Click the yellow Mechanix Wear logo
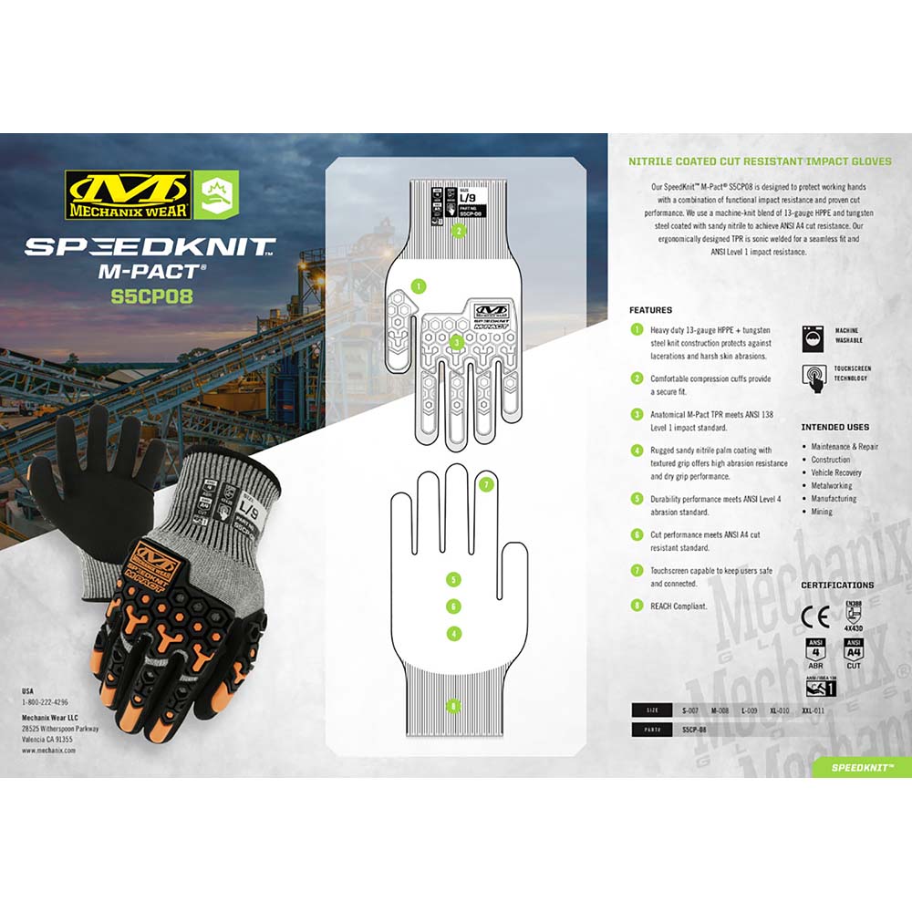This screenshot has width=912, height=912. coord(127,194)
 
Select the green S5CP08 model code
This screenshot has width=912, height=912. coord(151,295)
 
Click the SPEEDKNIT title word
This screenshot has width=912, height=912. coord(150,245)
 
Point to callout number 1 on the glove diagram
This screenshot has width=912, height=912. coord(418,285)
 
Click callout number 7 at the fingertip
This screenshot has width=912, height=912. coord(486,484)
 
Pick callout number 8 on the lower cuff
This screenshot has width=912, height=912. coord(453,704)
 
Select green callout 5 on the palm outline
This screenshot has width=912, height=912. coord(453,578)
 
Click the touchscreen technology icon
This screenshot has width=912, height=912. coord(814,377)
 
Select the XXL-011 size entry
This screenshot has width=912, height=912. coord(813,710)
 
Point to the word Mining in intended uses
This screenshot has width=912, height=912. coord(822,512)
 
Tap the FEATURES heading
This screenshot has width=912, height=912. coord(650,310)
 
